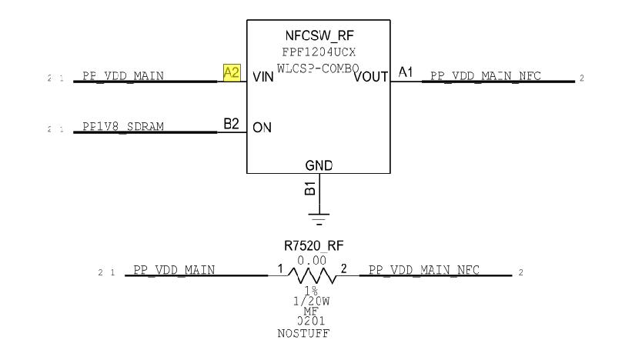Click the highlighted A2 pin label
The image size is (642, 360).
pos(232,73)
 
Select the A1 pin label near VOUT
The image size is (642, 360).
pos(405,73)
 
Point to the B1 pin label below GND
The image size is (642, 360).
pos(309,188)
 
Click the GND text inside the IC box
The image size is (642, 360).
pos(318,165)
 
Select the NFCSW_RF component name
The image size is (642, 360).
pos(318,36)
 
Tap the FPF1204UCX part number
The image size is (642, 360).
pos(318,51)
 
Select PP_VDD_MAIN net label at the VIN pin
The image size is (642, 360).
pos(122,76)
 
